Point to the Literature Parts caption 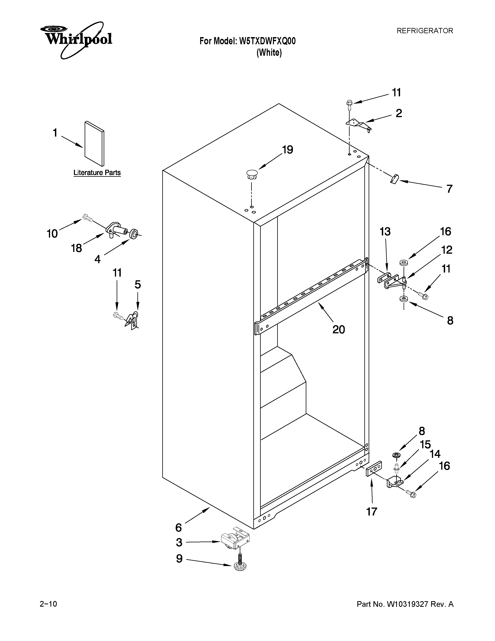(x=97, y=172)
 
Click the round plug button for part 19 (x=252, y=174)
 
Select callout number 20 (x=339, y=330)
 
